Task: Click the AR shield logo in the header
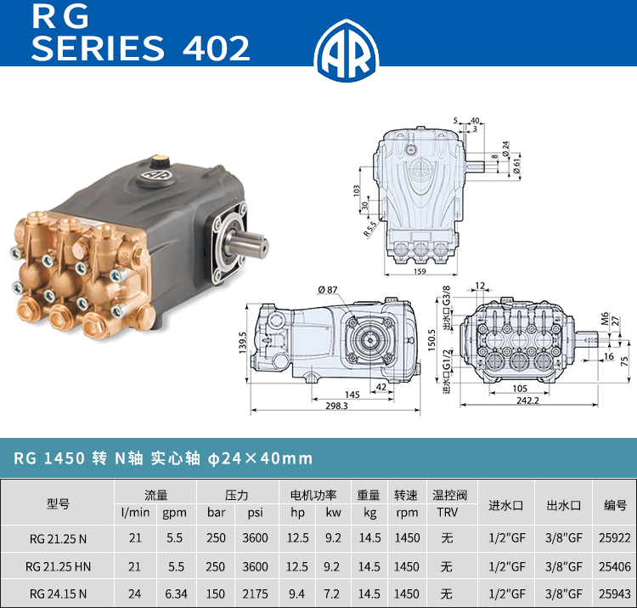coord(347,50)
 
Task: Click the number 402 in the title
coord(216,48)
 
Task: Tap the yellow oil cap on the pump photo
coord(161,159)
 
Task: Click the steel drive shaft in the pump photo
coord(248,243)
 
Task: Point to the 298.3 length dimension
coord(336,406)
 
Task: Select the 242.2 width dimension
coord(527,401)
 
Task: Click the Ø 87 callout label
coord(328,290)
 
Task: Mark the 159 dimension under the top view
coord(420,271)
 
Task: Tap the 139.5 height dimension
coord(243,342)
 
